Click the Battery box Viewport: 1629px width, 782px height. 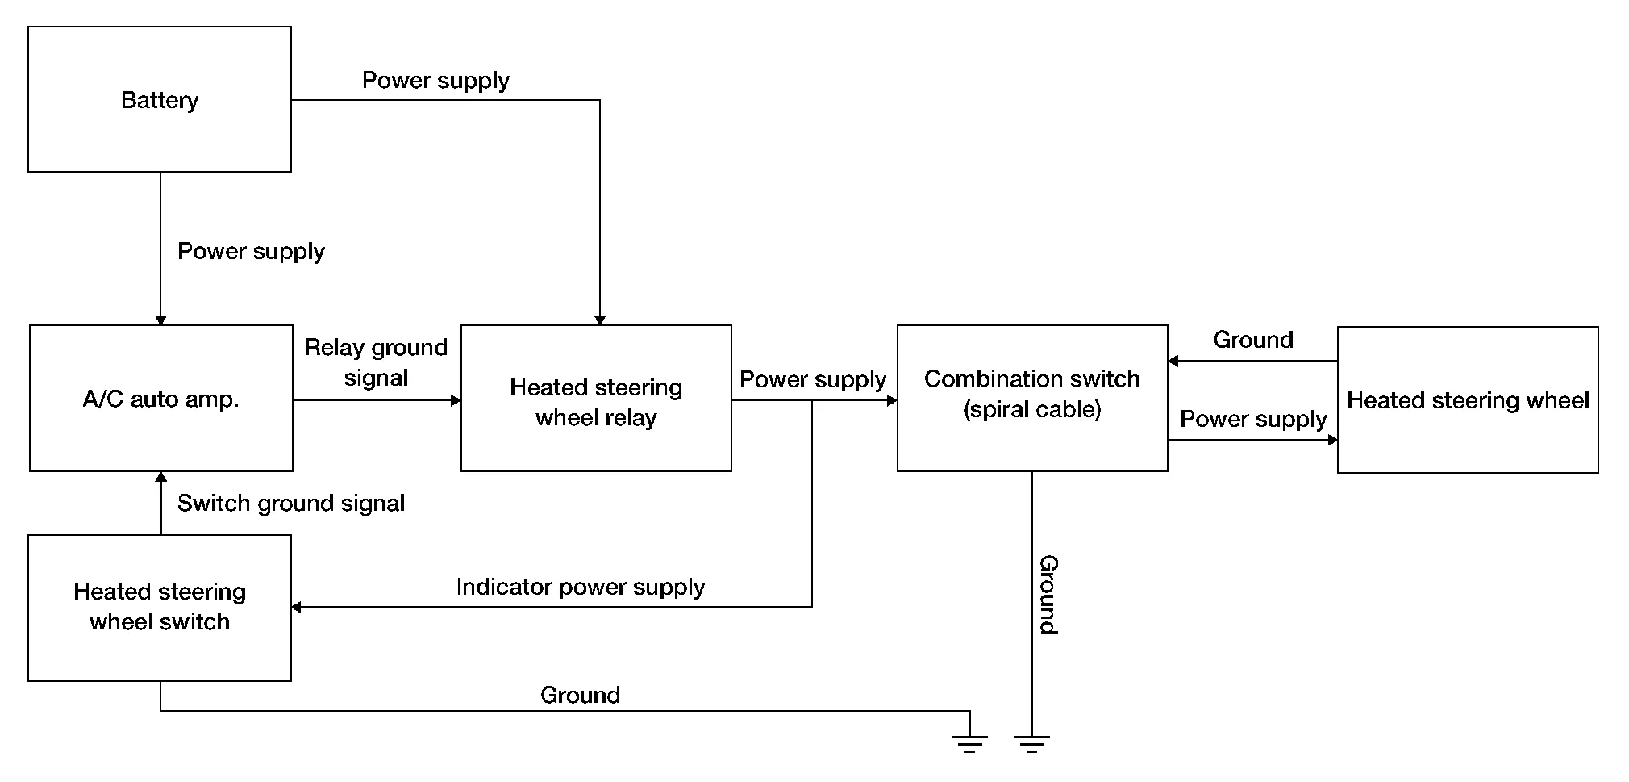(160, 99)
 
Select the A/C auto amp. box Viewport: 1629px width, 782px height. (161, 399)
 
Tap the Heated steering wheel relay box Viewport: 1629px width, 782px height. (596, 399)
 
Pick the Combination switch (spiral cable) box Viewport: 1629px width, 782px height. (1032, 399)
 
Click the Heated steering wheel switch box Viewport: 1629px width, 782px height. (160, 608)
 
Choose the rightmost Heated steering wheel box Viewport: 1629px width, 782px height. (1468, 400)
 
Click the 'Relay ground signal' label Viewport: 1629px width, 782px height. (376, 362)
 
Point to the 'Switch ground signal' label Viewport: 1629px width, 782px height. (291, 504)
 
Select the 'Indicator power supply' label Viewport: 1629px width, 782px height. (580, 587)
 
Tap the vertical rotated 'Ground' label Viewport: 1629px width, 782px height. (1048, 595)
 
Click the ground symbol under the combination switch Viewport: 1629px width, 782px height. (1032, 744)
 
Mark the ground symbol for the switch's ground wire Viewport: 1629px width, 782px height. (969, 744)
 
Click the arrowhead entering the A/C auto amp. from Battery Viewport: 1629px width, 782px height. (160, 320)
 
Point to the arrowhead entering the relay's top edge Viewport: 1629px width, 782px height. (600, 320)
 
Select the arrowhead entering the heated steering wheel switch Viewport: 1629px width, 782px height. (297, 607)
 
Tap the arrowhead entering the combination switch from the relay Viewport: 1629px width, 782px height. (892, 400)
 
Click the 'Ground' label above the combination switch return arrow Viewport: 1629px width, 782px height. (1253, 340)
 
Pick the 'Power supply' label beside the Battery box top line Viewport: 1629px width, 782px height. (435, 81)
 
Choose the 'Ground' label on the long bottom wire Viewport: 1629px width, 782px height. (580, 695)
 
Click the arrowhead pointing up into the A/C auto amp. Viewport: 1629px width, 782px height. (161, 477)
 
